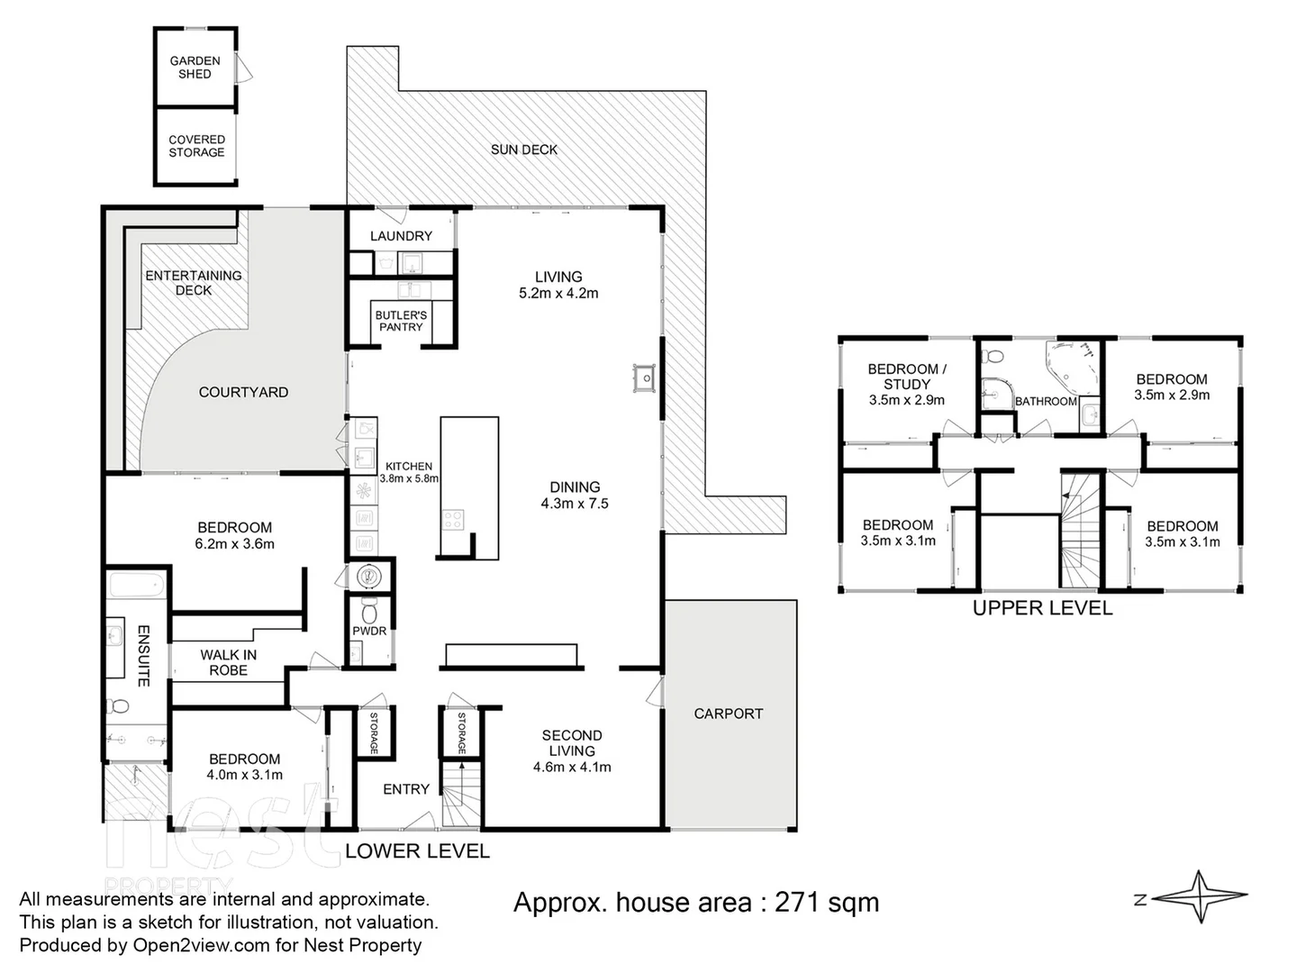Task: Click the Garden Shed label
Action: [x=195, y=68]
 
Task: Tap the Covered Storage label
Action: [x=196, y=146]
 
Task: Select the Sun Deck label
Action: [x=523, y=150]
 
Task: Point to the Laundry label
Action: [x=401, y=236]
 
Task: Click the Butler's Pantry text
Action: [x=401, y=321]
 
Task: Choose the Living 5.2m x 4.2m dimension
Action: [x=558, y=293]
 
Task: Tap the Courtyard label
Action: [x=243, y=392]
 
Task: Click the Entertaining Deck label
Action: [x=194, y=283]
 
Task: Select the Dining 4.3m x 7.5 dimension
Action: [x=575, y=504]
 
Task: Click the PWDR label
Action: [x=370, y=631]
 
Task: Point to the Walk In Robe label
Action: [x=228, y=662]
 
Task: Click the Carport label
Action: [x=728, y=714]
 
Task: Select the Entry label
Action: [x=406, y=789]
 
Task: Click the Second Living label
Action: [x=572, y=743]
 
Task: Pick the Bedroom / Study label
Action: [x=906, y=377]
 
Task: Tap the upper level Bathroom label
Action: [x=1046, y=401]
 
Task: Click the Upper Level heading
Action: [x=1042, y=608]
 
